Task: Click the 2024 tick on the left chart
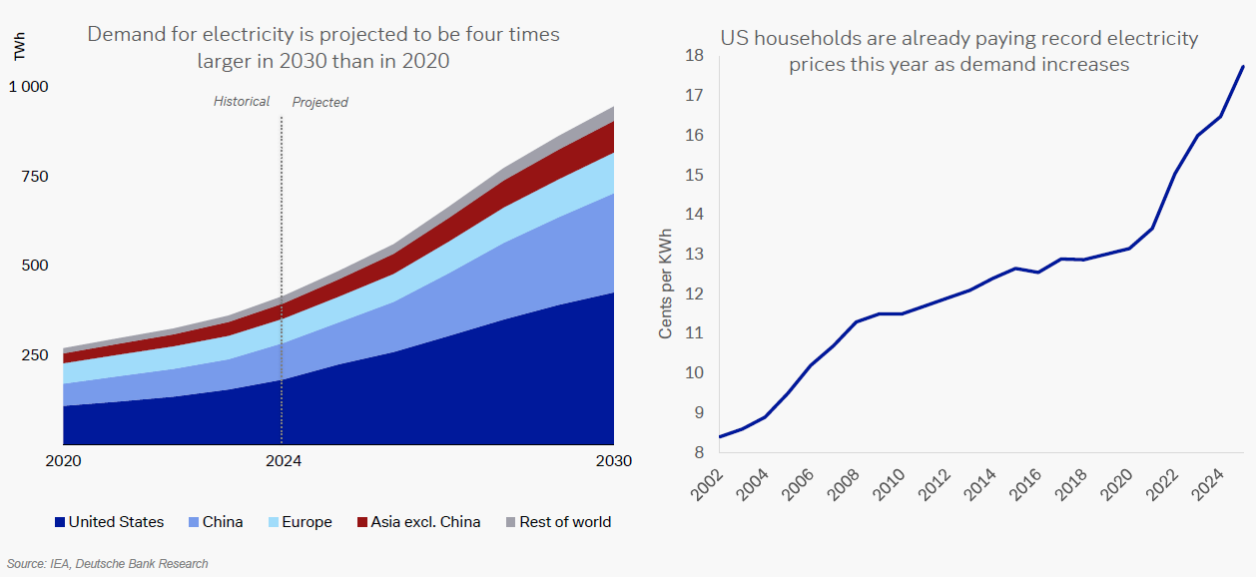284,461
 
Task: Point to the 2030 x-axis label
614,461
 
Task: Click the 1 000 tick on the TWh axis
28,87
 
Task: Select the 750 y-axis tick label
34,177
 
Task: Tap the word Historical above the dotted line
242,102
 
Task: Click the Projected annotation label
319,102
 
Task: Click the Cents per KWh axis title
666,285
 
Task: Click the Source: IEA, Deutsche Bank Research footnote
108,564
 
